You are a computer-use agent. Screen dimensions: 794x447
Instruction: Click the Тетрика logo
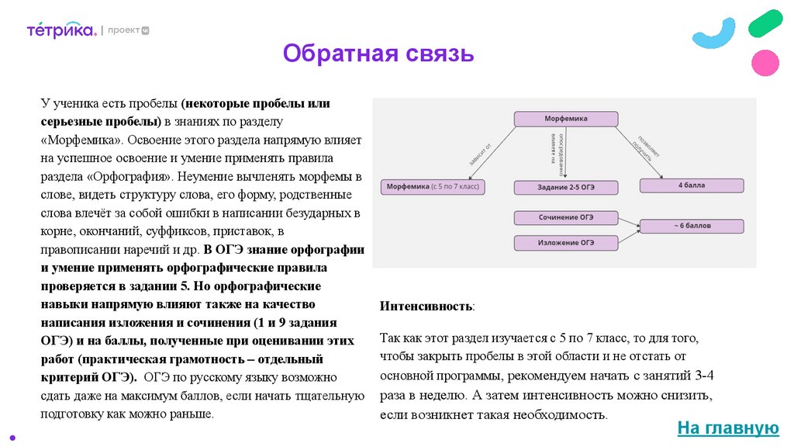point(61,30)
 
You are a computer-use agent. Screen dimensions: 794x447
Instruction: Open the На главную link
point(727,428)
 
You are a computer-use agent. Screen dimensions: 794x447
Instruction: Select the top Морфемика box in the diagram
point(567,119)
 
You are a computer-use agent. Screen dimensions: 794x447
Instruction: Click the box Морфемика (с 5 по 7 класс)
point(432,187)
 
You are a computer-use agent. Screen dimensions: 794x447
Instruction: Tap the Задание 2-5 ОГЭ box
point(567,187)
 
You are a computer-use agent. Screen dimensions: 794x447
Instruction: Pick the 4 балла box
point(691,185)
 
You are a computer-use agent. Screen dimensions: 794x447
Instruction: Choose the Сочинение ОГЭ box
point(567,217)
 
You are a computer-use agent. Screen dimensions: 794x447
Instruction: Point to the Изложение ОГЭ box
point(567,243)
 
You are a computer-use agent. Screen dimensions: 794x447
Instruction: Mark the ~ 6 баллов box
point(691,226)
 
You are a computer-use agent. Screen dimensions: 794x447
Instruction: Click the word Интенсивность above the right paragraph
point(426,306)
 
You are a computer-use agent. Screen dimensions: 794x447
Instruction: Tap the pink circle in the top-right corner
point(765,63)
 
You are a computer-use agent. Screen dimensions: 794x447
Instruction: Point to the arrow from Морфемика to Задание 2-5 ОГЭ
point(566,153)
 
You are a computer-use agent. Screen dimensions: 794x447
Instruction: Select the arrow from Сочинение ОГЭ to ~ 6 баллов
point(630,222)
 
